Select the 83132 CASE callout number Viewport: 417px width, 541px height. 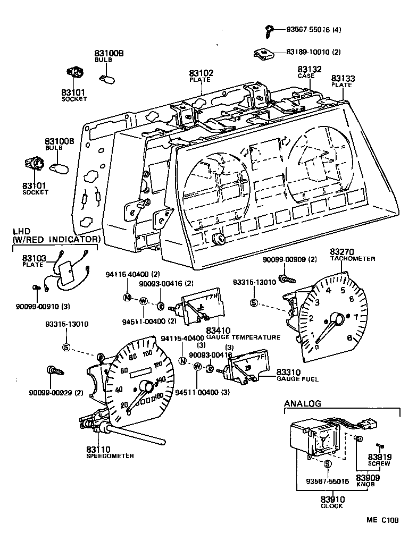306,70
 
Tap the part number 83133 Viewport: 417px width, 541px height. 343,78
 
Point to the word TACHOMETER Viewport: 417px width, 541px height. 353,259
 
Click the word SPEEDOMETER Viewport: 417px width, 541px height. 110,456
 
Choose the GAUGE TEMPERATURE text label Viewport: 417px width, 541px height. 243,337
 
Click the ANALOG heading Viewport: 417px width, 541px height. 303,404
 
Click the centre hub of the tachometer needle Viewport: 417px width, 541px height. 337,320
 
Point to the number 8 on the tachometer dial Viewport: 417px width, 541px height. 349,338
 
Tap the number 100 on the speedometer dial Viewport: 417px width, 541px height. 147,352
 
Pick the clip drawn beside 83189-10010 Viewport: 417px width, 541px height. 263,53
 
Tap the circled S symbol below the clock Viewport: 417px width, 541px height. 327,464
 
